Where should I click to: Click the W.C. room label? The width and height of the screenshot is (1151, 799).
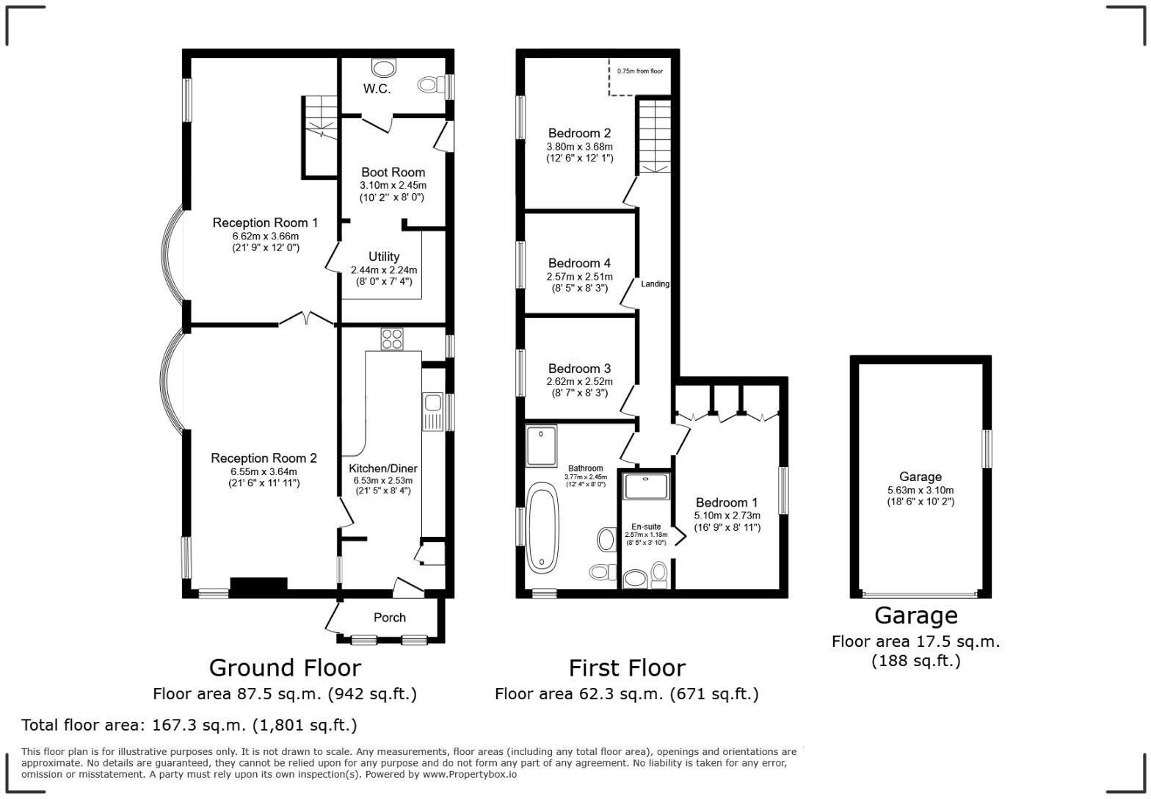[x=377, y=89]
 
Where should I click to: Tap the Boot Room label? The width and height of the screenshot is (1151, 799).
[x=393, y=173]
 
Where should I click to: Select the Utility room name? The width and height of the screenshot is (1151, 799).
[x=383, y=256]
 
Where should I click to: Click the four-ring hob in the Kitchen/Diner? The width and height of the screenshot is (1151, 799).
[x=392, y=339]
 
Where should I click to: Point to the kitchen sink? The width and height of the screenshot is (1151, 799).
[x=432, y=402]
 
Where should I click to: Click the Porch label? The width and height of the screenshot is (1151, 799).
[x=389, y=618]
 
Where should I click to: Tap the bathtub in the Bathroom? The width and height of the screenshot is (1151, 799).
[x=542, y=527]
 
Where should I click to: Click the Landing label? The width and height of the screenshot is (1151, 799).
[x=655, y=284]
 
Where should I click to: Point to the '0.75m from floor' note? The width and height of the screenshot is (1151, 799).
[x=639, y=71]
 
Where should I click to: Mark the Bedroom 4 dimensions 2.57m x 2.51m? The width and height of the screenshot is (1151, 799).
[x=579, y=277]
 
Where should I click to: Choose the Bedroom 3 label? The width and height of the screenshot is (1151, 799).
[x=579, y=369]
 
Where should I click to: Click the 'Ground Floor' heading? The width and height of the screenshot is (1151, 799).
[x=285, y=668]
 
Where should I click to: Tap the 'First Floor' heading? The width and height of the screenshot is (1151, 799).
[x=627, y=668]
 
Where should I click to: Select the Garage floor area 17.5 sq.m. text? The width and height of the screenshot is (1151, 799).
[x=915, y=641]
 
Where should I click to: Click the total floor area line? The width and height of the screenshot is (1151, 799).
[x=189, y=725]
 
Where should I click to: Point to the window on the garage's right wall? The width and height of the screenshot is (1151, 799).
[x=987, y=448]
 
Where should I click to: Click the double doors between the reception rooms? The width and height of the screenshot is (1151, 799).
[x=307, y=319]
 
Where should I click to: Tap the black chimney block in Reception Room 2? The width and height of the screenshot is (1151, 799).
[x=258, y=585]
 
